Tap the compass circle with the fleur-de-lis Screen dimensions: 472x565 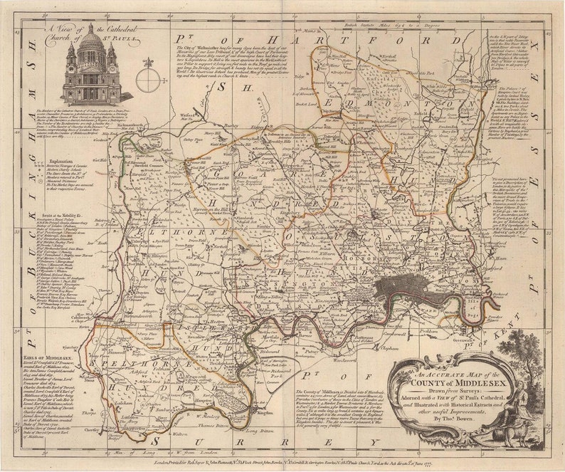tap(148, 79)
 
